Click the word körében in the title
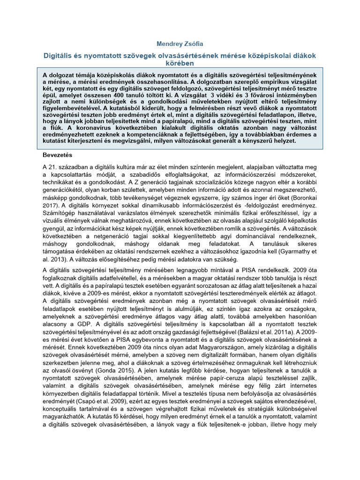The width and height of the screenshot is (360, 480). click(180, 63)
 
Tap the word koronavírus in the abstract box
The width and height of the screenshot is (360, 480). click(98, 127)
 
